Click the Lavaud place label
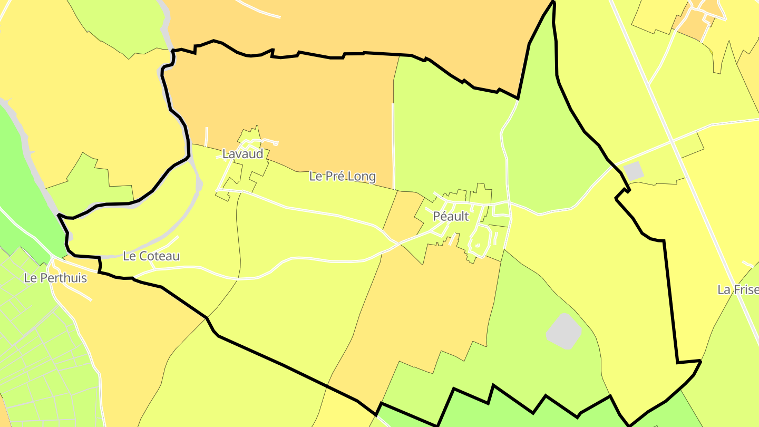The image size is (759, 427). pos(242,154)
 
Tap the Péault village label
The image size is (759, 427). pos(451,216)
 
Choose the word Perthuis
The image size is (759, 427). pos(63,278)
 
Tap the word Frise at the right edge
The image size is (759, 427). pos(745,289)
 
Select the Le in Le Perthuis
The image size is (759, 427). pos(30,278)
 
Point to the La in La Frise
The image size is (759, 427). pos(724,289)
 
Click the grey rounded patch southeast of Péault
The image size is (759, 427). pos(563,331)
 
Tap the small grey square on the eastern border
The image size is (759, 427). pos(633,171)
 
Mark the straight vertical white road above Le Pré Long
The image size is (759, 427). pos(393,142)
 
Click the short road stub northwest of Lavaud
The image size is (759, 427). pos(206,136)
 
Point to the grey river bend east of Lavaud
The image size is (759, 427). pos(198,182)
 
